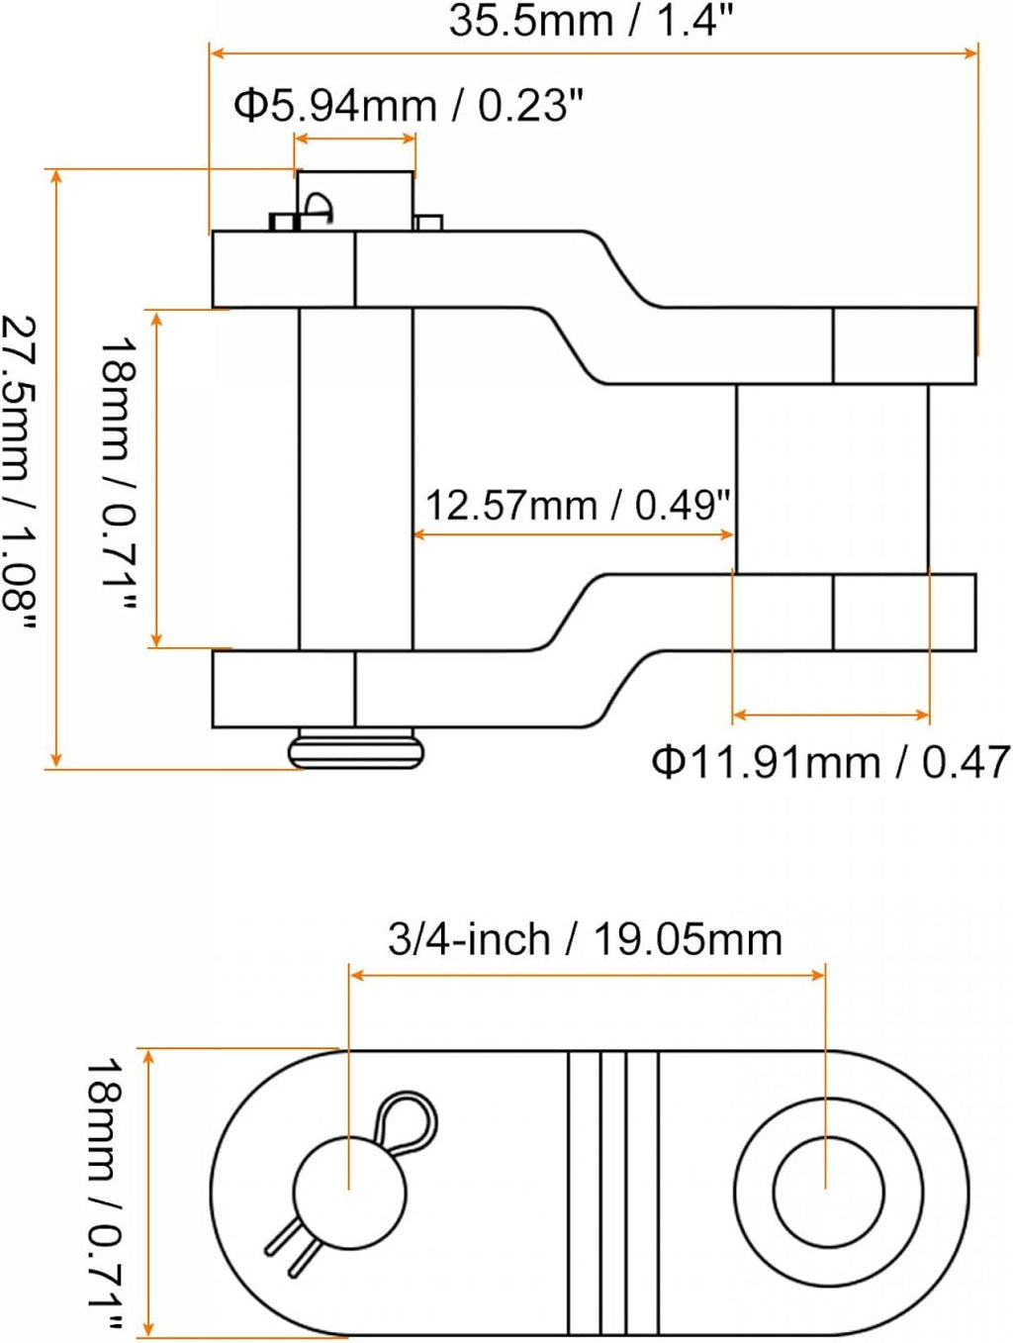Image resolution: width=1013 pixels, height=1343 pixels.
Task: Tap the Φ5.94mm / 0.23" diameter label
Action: pyautogui.click(x=409, y=106)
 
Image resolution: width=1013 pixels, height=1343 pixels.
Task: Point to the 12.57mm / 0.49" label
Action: pyautogui.click(x=579, y=506)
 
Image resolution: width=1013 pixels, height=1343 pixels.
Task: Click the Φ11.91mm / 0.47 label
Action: pyautogui.click(x=830, y=762)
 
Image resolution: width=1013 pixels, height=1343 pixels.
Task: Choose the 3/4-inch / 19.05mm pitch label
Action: pyautogui.click(x=585, y=939)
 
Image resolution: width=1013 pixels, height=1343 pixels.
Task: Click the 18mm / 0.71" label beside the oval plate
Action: pyautogui.click(x=105, y=1197)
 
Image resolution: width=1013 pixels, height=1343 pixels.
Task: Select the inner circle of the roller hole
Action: pyautogui.click(x=828, y=1194)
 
